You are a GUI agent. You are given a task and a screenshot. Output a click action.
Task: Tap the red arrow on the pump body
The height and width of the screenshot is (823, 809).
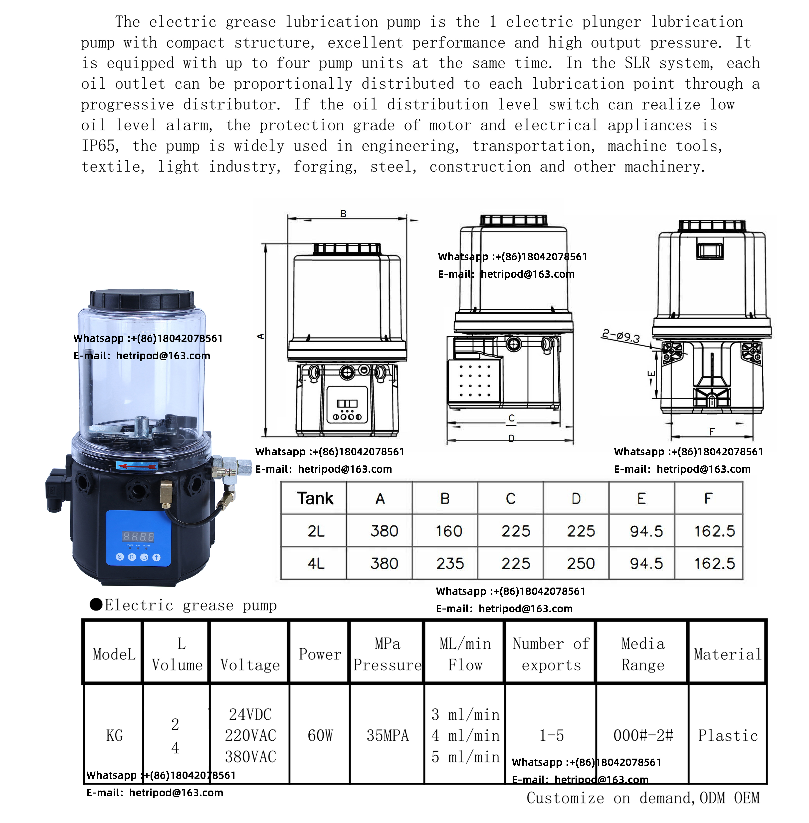point(137,466)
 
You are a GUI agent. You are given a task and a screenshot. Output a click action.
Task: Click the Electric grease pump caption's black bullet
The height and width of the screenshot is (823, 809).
point(96,604)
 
